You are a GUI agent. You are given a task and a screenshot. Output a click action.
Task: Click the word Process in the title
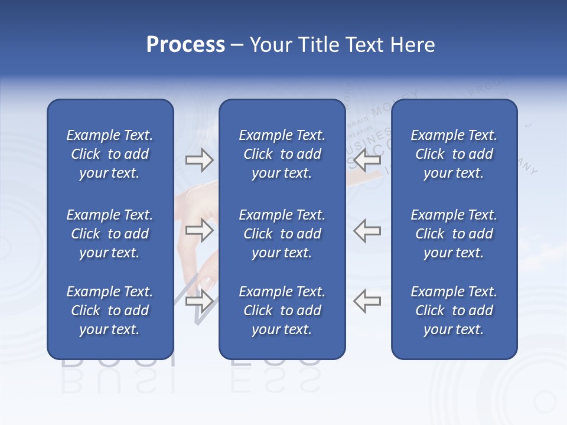[x=185, y=44]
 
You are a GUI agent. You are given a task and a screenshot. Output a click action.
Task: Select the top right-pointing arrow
[x=199, y=159]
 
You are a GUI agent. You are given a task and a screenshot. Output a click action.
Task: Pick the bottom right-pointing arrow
[x=199, y=301]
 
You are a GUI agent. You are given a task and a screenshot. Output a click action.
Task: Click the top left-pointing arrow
[x=367, y=159]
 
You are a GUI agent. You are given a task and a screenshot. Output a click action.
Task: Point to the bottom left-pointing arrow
[x=367, y=301]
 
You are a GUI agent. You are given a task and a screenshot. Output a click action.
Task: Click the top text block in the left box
[x=110, y=154]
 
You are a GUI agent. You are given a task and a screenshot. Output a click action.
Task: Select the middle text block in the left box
[x=110, y=234]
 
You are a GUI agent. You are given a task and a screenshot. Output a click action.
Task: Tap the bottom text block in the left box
[x=110, y=310]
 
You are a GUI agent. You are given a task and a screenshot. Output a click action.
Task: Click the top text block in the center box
[x=282, y=154]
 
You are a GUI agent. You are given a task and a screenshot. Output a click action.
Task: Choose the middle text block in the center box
[x=282, y=234]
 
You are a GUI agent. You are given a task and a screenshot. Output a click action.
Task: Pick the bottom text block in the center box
[x=282, y=310]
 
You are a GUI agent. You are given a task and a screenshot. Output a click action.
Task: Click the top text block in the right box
[x=454, y=154]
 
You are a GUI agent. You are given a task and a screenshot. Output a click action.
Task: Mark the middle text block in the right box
[x=454, y=234]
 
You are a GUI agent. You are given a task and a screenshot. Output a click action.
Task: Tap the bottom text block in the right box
[x=454, y=310]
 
